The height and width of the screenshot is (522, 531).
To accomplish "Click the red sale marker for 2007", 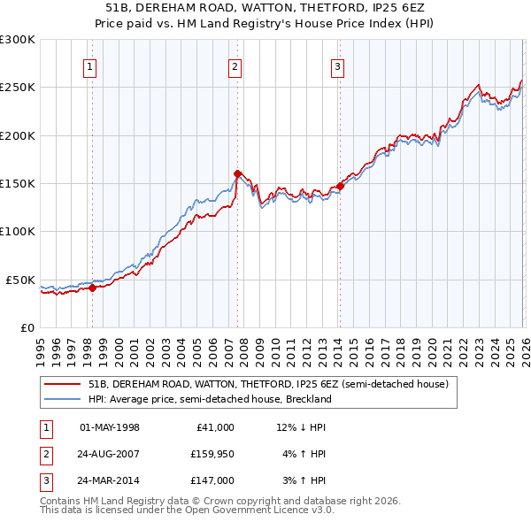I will (x=237, y=173).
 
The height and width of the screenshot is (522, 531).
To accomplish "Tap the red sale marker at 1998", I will (x=92, y=288).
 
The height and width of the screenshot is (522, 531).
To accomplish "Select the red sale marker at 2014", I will (x=340, y=186).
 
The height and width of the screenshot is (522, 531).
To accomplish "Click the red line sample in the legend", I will (x=62, y=385).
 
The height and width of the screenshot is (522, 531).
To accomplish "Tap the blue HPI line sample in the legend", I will (x=62, y=399).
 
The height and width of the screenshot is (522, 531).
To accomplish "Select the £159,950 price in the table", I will (x=212, y=455).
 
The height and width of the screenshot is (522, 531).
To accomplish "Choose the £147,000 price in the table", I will (x=212, y=482).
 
